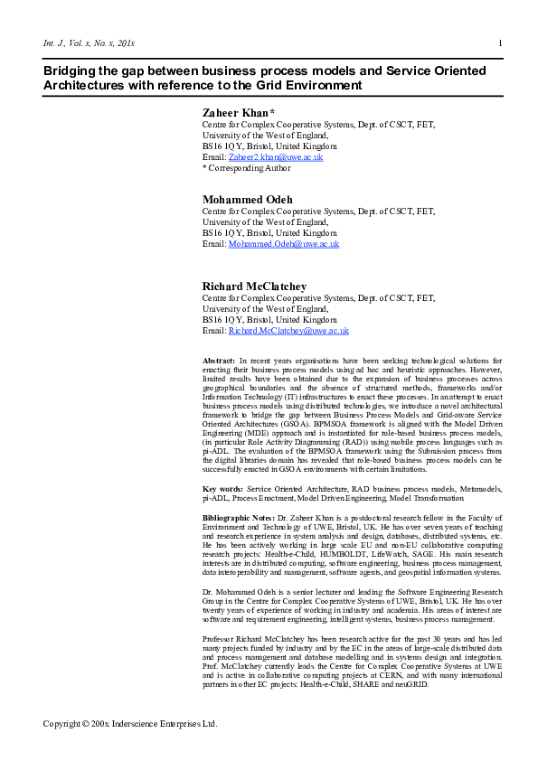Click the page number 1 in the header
point(500,43)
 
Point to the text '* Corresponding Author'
point(246,167)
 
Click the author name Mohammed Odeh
point(246,200)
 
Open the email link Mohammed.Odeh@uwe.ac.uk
point(284,244)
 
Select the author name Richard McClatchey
point(254,287)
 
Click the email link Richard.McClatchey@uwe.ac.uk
point(288,331)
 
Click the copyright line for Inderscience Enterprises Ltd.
point(131,724)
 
